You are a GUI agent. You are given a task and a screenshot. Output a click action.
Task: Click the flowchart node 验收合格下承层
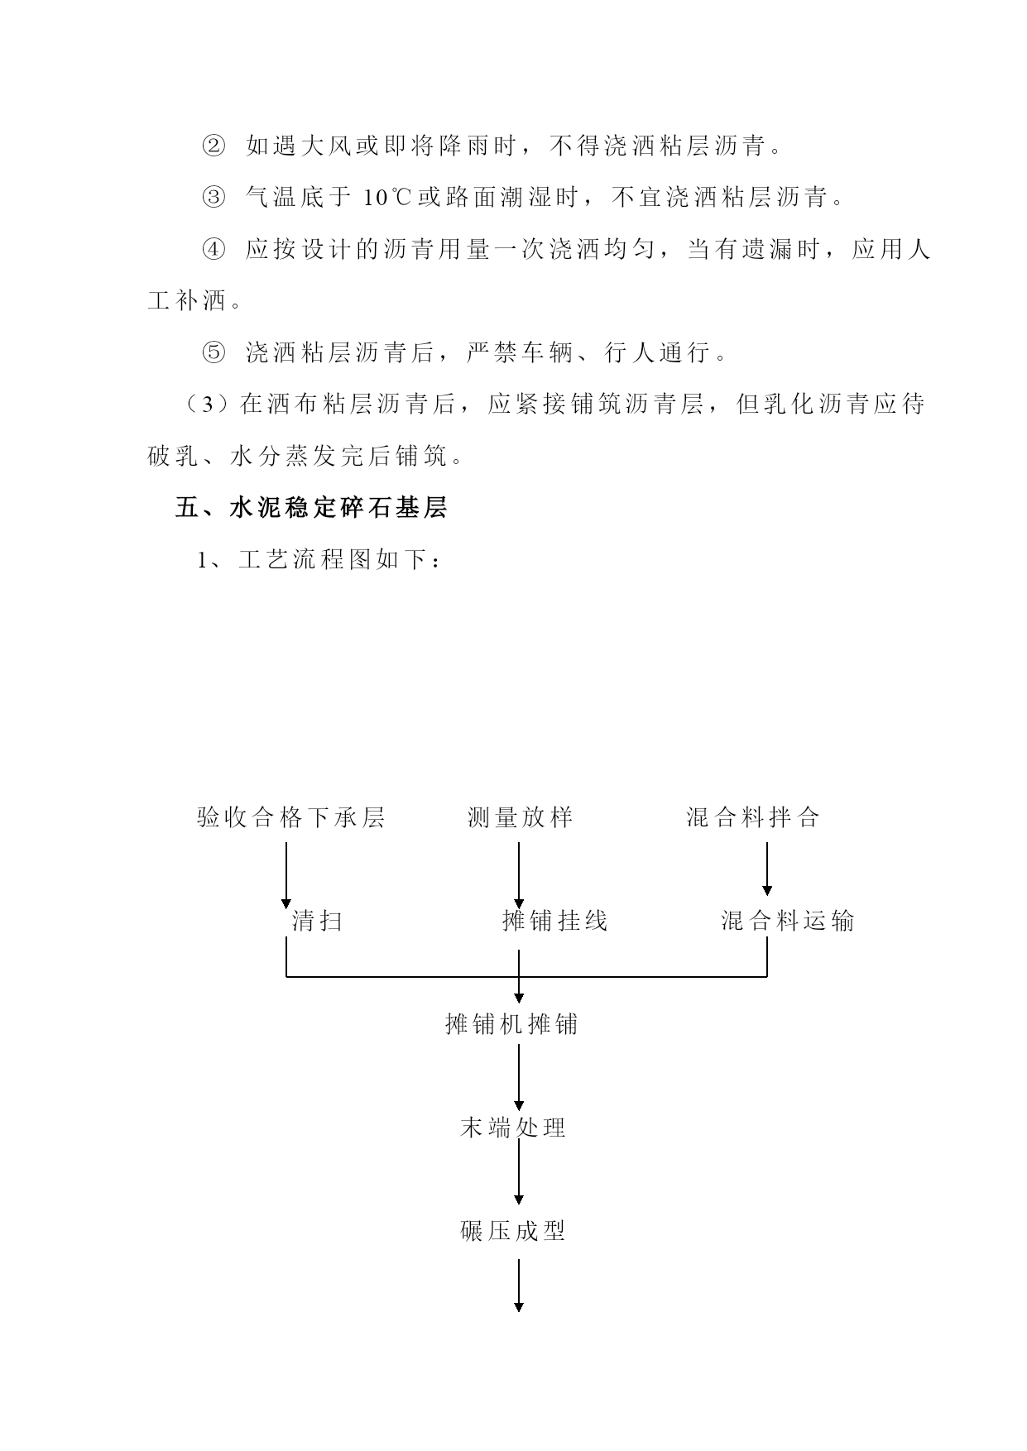click(291, 818)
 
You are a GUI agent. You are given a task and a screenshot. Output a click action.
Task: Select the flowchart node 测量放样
click(521, 818)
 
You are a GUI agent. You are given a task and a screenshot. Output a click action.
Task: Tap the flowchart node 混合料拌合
click(753, 818)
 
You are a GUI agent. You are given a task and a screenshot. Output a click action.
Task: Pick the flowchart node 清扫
click(317, 921)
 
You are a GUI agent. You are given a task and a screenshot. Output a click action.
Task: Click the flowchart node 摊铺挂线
click(555, 921)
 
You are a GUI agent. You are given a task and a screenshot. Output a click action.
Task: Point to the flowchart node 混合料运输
click(788, 921)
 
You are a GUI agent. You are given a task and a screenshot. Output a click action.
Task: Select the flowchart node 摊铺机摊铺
click(511, 1024)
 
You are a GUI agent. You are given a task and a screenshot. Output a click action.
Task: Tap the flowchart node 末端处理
click(513, 1128)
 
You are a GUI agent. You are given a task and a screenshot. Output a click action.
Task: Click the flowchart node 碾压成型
click(513, 1231)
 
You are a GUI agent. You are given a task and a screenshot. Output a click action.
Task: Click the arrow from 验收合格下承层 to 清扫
click(286, 875)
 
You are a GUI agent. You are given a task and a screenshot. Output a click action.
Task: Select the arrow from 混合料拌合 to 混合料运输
click(767, 869)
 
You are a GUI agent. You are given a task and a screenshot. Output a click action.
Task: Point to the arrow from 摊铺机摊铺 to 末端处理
click(519, 1077)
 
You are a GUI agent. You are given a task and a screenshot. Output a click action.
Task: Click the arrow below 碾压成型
click(519, 1286)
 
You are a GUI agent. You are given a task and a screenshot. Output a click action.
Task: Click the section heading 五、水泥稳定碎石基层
click(312, 508)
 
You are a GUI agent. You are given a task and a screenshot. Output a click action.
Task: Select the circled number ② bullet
click(213, 146)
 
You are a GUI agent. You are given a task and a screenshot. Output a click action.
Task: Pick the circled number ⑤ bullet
click(213, 353)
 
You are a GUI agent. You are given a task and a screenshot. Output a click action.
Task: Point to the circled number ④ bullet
click(213, 250)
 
